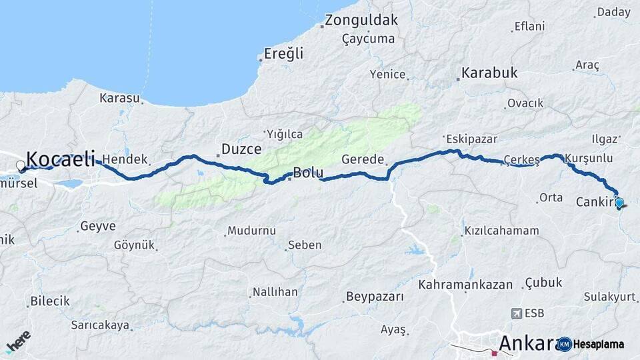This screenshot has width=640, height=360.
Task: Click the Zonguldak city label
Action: tap(362, 20)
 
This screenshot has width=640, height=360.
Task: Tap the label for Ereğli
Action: tap(283, 53)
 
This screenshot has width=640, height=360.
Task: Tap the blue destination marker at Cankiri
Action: tap(619, 203)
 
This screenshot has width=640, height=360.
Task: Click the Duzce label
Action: tap(241, 149)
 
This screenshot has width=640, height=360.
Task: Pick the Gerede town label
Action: tap(363, 160)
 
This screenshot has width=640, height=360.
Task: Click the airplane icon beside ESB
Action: tap(515, 313)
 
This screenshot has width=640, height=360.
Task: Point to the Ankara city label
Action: tap(527, 343)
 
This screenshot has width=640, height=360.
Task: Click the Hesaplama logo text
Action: tap(599, 344)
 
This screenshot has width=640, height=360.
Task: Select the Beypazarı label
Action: tap(375, 297)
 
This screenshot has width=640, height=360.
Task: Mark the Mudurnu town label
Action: tap(251, 231)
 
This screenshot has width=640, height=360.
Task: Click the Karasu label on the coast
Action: tap(119, 98)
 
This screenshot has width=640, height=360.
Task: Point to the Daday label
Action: tap(613, 12)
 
